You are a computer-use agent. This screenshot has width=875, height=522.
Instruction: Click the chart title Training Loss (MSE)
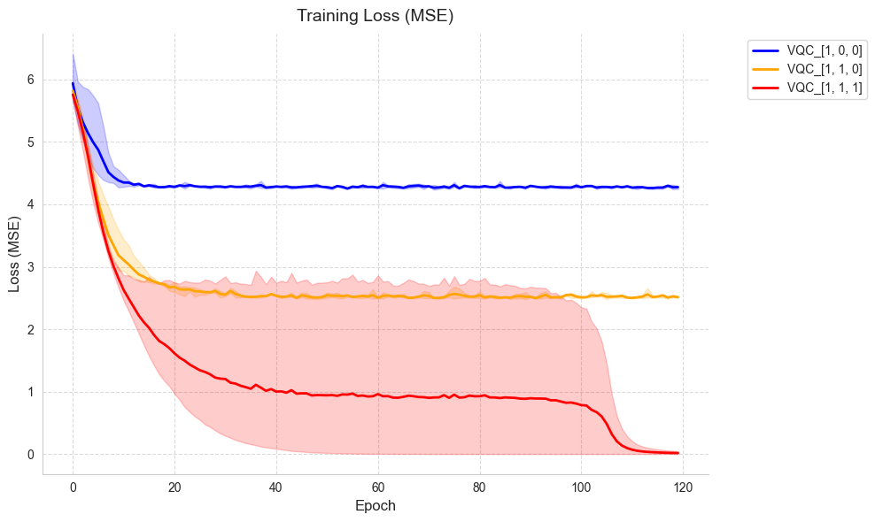(x=375, y=16)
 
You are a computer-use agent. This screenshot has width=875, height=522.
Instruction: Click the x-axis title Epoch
(x=375, y=506)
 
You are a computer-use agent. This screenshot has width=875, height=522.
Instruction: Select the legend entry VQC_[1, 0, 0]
(x=824, y=50)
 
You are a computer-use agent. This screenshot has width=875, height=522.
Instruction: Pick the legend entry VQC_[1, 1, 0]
(x=824, y=69)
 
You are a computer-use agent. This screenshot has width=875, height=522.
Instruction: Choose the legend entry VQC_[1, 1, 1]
(x=824, y=88)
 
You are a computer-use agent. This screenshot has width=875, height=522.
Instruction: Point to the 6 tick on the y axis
(x=30, y=80)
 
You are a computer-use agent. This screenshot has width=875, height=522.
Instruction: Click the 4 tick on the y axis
(x=30, y=204)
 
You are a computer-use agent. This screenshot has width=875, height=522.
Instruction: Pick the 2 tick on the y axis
(x=30, y=329)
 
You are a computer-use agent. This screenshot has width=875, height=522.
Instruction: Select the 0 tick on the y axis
(x=30, y=455)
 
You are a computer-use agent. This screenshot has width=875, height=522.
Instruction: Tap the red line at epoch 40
(x=276, y=391)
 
